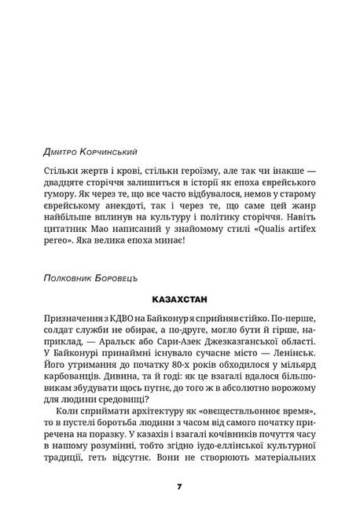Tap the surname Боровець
pyautogui.click(x=116, y=277)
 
